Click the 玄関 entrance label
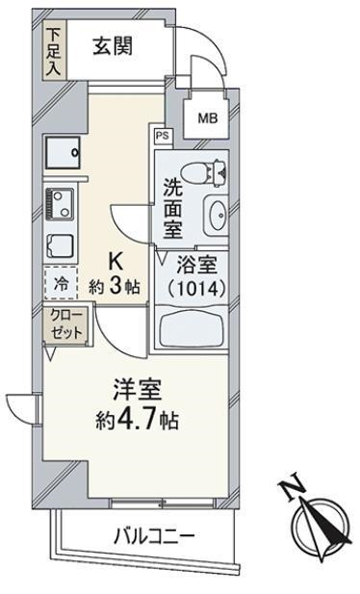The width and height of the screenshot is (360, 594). [113, 47]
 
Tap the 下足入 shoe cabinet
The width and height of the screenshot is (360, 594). [55, 50]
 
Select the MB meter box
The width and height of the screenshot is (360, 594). [207, 118]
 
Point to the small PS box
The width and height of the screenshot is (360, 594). [163, 136]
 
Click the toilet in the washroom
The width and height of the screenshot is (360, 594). [204, 172]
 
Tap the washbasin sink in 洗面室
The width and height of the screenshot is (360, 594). [216, 216]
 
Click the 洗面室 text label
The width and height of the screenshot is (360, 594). [172, 208]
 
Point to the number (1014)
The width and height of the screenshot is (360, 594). [196, 289]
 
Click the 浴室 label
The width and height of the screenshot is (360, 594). [196, 265]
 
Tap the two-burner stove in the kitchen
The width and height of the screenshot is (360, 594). [60, 205]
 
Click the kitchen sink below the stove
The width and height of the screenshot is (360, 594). [60, 246]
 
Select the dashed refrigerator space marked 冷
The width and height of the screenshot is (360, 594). [61, 283]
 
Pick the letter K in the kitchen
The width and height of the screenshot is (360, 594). [116, 261]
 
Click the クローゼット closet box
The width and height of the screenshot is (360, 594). [66, 325]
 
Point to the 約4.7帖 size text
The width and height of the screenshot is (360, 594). [137, 420]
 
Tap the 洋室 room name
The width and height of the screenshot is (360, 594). [138, 390]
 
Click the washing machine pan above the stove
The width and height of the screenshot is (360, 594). [63, 153]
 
